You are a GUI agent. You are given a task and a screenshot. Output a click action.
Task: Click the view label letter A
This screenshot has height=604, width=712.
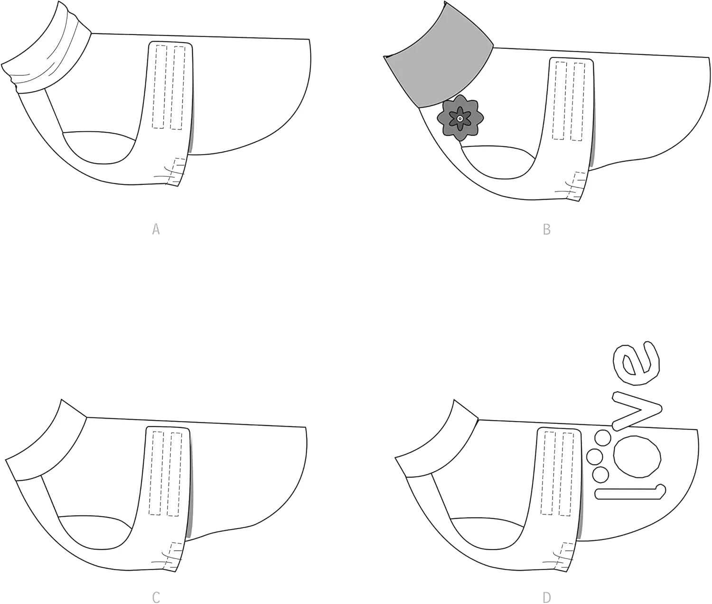coord(156,229)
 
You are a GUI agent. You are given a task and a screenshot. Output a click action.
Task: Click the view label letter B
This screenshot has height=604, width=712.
coord(547,229)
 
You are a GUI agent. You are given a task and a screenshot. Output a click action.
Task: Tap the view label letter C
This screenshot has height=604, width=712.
coord(156,597)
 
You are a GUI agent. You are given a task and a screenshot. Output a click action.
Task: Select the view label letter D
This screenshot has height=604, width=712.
coord(547,598)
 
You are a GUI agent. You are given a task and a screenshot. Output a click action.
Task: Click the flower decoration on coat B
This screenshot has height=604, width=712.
coord(460,118)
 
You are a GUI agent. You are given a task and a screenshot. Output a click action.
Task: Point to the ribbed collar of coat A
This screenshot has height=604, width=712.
coord(45,52)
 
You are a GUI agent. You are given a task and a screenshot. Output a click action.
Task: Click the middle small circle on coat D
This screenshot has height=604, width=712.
coord(595,457)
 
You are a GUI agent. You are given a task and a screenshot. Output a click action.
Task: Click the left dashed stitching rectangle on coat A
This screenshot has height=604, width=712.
coord(159,87)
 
